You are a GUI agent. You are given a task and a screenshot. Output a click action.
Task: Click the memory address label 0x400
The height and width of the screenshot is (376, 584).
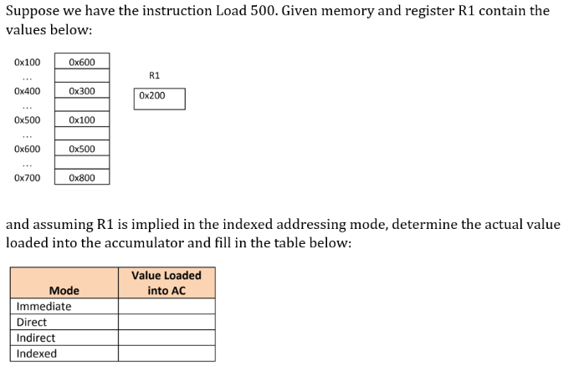pyautogui.click(x=27, y=90)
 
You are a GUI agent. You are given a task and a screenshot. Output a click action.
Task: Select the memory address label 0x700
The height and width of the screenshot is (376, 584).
pyautogui.click(x=27, y=178)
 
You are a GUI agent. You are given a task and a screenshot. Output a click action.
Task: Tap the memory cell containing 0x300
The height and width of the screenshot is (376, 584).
pyautogui.click(x=81, y=90)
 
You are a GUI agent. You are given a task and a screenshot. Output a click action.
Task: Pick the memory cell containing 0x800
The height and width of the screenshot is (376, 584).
pyautogui.click(x=81, y=178)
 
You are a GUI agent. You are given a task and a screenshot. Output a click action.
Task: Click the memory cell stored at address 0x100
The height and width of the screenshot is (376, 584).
pyautogui.click(x=81, y=61)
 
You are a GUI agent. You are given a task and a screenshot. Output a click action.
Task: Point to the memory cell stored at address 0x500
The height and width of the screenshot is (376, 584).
pyautogui.click(x=81, y=119)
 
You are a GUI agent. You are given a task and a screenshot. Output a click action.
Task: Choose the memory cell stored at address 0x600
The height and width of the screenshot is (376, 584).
pyautogui.click(x=81, y=149)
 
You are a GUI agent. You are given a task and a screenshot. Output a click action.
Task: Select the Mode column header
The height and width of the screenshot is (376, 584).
pyautogui.click(x=64, y=291)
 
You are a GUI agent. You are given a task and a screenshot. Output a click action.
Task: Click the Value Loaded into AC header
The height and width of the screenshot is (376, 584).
pyautogui.click(x=166, y=282)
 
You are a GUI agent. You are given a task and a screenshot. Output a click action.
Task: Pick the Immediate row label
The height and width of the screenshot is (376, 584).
pyautogui.click(x=44, y=307)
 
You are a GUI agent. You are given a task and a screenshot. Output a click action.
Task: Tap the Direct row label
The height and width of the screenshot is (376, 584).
pyautogui.click(x=32, y=323)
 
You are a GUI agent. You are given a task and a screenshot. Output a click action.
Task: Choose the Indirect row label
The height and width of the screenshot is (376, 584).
pyautogui.click(x=36, y=338)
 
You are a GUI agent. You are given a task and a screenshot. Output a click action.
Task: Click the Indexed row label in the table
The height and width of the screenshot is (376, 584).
pyautogui.click(x=37, y=353)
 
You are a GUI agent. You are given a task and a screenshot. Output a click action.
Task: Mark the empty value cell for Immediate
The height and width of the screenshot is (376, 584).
pyautogui.click(x=166, y=307)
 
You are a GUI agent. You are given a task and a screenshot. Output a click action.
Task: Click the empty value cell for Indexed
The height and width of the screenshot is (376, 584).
pyautogui.click(x=166, y=353)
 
